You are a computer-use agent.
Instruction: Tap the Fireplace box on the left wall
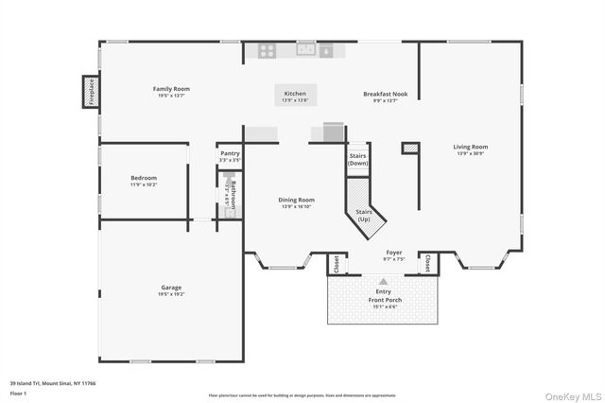[80, 95]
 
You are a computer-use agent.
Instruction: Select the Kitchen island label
[296, 94]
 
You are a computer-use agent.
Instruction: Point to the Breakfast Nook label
[386, 94]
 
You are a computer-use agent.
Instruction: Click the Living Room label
[470, 147]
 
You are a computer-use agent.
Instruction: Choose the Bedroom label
[144, 178]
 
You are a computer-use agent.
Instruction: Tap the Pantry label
[230, 153]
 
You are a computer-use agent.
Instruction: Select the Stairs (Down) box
[357, 159]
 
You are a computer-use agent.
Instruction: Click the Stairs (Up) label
[363, 217]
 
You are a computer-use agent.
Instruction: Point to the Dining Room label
[296, 200]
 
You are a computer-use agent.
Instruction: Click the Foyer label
[394, 253]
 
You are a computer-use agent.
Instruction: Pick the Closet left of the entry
[337, 264]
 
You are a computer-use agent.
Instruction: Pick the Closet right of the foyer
[426, 262]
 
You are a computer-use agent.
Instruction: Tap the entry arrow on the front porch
[383, 281]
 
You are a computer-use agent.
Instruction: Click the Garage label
[171, 288]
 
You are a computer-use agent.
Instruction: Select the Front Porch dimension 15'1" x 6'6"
[384, 306]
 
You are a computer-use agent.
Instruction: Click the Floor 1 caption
[19, 392]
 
